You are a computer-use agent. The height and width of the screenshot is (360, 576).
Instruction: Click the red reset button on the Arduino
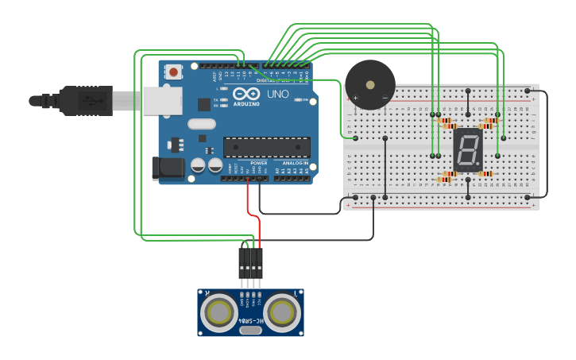(x=173, y=72)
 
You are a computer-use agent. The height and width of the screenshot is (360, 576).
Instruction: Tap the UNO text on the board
(x=277, y=95)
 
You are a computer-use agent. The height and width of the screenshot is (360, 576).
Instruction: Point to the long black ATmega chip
(x=266, y=146)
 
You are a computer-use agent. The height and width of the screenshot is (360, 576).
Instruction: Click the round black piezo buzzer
(x=369, y=84)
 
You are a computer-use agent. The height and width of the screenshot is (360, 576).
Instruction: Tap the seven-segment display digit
(x=468, y=149)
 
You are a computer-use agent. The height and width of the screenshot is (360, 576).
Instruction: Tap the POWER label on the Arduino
(x=259, y=163)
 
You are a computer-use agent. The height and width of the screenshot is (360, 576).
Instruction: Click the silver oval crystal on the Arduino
(x=202, y=123)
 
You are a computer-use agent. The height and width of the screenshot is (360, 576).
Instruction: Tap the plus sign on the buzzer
(x=355, y=98)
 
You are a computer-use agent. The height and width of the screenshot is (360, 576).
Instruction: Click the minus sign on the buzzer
(x=385, y=98)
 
